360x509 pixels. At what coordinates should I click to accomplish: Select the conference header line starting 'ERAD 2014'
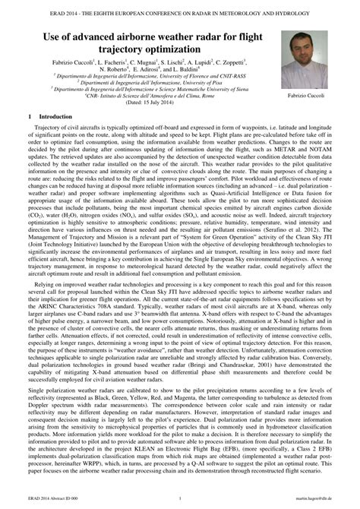click(179, 9)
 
